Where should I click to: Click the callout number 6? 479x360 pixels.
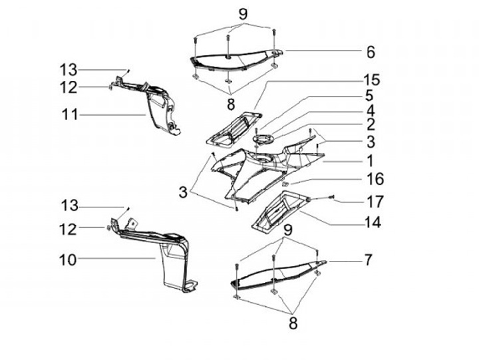371,51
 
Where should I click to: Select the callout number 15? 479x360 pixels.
371,80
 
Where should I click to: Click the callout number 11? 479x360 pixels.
70,114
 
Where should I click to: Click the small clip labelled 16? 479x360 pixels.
285,184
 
